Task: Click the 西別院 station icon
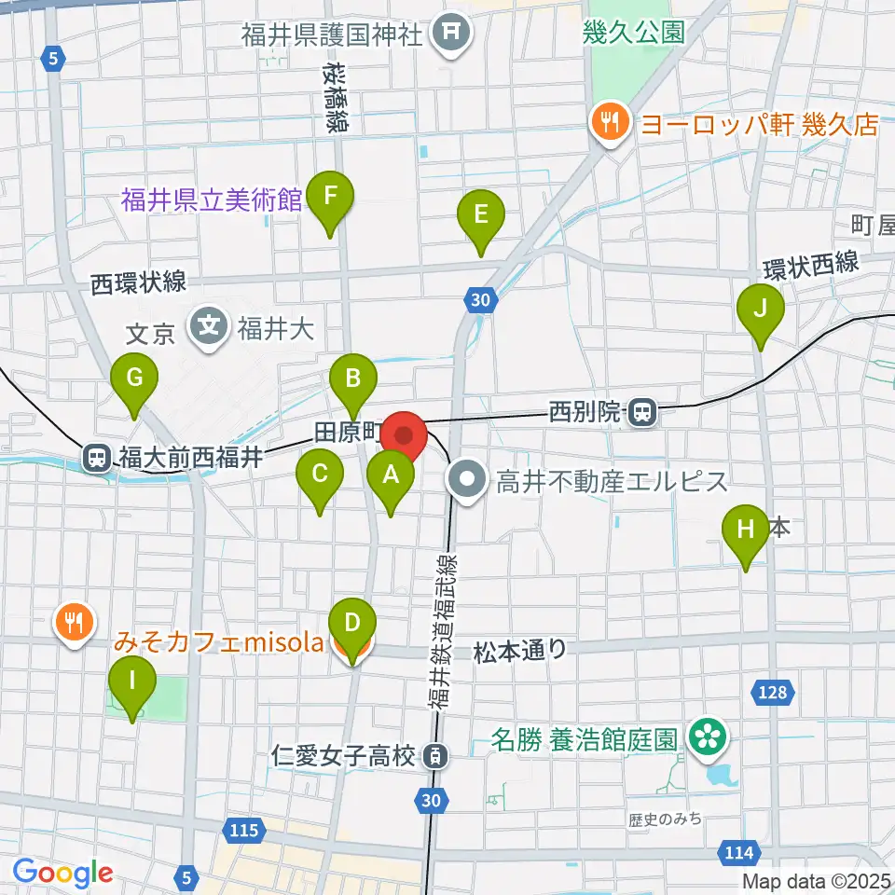coord(640,411)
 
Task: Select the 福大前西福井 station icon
coord(96,457)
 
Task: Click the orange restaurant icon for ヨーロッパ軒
coord(608,124)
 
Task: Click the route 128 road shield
coord(766,691)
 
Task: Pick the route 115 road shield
coord(243,829)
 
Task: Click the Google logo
coord(62,873)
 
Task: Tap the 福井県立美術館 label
coord(212,200)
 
